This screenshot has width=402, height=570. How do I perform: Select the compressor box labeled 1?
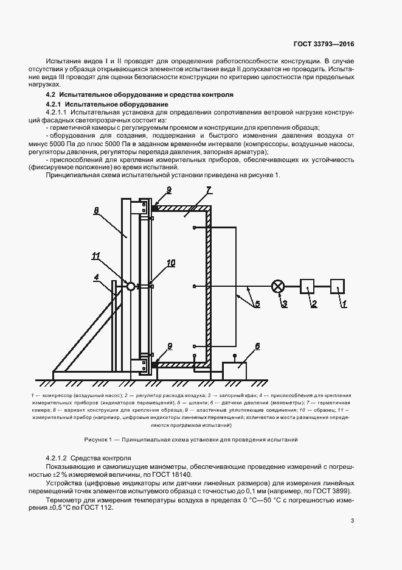(338, 286)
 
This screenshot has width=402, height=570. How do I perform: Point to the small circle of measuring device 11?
(130, 286)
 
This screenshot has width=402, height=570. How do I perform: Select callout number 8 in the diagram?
(96, 211)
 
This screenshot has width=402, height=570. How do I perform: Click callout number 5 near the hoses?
(257, 303)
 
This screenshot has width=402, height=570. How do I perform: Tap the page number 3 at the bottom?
(353, 520)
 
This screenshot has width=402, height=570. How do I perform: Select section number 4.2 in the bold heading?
(50, 95)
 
